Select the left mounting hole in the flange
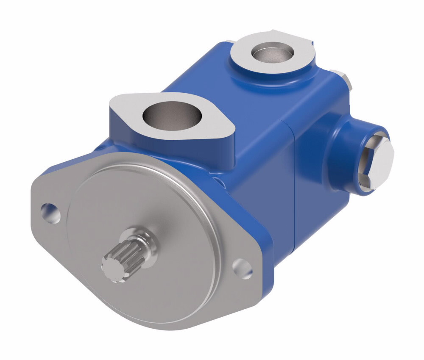tap(50, 212)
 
